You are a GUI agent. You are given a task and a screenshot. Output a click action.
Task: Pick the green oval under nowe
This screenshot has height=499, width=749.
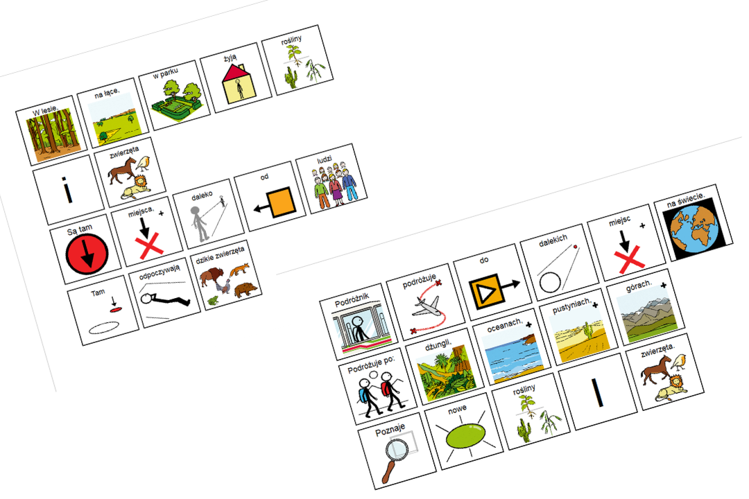[466, 436]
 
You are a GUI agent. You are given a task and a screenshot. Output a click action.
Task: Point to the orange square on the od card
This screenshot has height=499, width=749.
[280, 202]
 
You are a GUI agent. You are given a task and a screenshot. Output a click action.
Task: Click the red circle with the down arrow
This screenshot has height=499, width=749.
[87, 253]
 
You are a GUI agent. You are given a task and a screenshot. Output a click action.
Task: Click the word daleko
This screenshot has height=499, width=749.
[202, 195]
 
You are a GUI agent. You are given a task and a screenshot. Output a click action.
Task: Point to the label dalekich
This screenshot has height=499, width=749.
[553, 240]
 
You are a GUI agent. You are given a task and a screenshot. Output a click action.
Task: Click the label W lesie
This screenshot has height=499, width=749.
[45, 111]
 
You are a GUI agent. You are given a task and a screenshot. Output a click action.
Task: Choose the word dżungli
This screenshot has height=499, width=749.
[438, 344]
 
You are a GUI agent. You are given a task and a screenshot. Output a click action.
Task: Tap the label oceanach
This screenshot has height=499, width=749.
[505, 325]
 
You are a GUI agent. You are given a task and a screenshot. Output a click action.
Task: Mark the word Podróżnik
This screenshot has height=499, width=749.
[352, 300]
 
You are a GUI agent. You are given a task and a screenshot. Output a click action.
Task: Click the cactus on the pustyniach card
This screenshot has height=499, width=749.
[589, 329]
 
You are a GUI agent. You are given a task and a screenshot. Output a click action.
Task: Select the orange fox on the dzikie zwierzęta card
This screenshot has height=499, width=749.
[239, 270]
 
